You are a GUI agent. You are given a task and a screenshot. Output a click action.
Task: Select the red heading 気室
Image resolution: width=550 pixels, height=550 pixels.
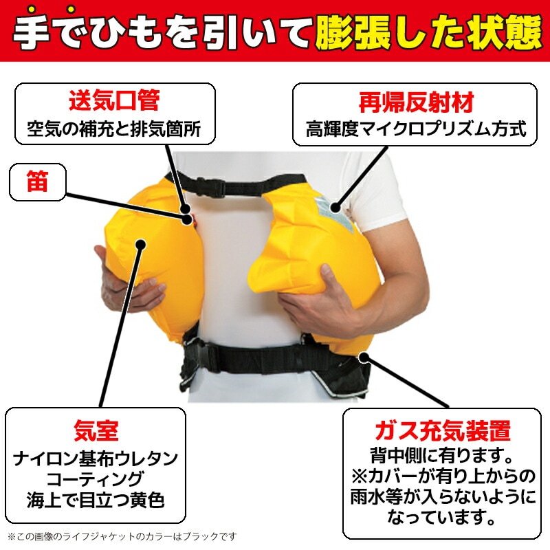(x=96, y=430)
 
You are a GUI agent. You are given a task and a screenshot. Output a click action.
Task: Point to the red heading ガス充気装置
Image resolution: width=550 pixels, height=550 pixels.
(x=441, y=430)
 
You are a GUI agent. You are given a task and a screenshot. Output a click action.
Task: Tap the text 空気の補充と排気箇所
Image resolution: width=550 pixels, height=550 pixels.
(x=113, y=128)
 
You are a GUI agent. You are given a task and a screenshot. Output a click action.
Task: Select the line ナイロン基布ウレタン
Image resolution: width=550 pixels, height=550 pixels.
(x=96, y=456)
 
